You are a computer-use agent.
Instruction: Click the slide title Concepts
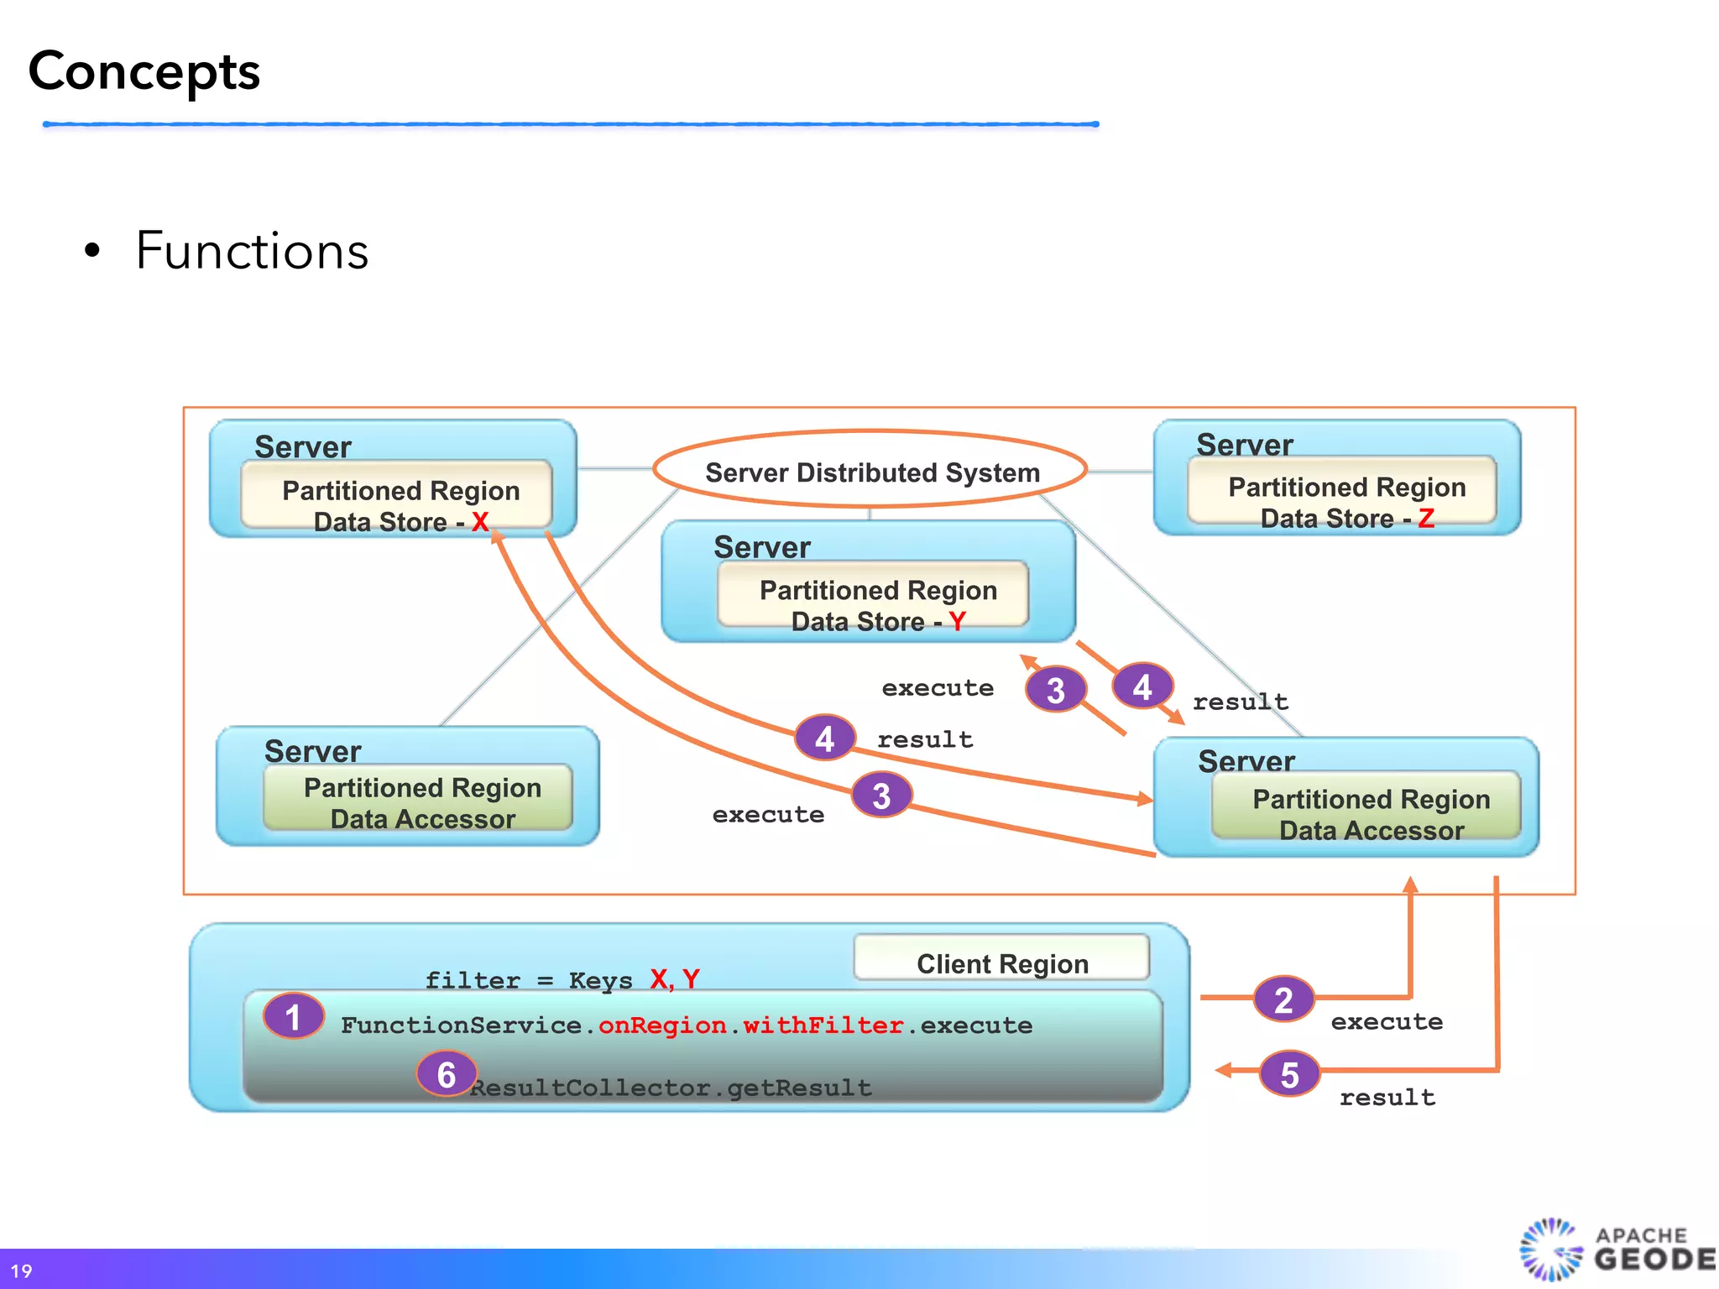(x=144, y=71)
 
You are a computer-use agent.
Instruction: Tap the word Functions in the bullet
(x=252, y=251)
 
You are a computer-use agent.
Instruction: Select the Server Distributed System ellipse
(x=870, y=471)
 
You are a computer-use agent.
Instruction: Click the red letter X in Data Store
(x=480, y=521)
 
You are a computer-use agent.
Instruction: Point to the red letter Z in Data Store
(x=1426, y=519)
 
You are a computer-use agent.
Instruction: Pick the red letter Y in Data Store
(x=957, y=621)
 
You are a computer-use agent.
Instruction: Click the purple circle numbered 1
(x=293, y=1016)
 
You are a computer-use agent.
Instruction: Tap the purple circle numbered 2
(x=1283, y=999)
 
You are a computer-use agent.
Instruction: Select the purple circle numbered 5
(x=1289, y=1074)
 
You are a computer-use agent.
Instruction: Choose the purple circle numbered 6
(x=447, y=1074)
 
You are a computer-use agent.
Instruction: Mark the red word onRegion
(x=662, y=1025)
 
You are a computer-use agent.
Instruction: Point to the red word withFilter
(x=823, y=1025)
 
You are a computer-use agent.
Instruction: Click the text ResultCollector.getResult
(x=671, y=1088)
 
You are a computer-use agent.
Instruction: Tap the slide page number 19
(x=21, y=1271)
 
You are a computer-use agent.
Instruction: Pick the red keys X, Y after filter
(x=675, y=978)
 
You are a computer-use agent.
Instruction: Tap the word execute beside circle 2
(x=1387, y=1021)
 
